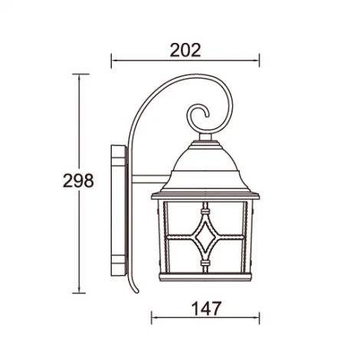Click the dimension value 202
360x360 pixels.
(x=185, y=50)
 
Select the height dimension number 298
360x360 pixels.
(x=78, y=181)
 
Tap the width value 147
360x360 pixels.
(x=206, y=309)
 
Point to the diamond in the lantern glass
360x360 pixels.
(x=205, y=237)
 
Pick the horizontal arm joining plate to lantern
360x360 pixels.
(x=151, y=179)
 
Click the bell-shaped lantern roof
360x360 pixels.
(x=205, y=169)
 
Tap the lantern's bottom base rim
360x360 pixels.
(x=205, y=277)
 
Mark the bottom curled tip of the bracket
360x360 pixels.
(x=137, y=291)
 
